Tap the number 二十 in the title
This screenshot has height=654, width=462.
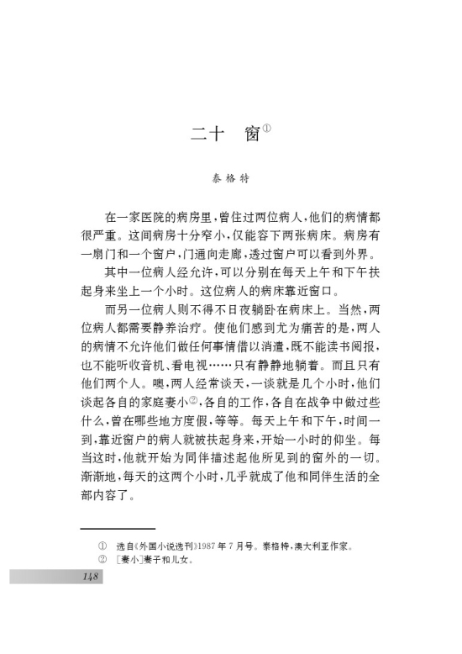tap(202, 134)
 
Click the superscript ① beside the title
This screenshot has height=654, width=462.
tap(266, 128)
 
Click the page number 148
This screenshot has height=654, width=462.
tap(90, 576)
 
